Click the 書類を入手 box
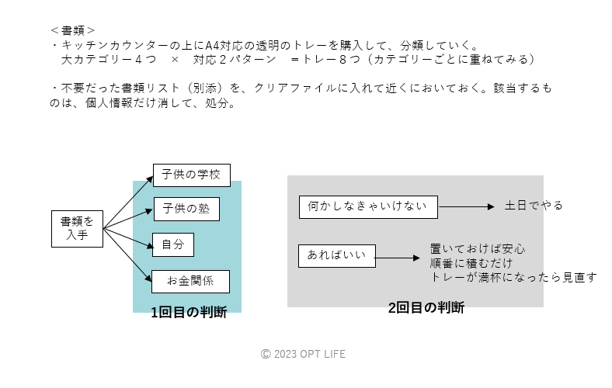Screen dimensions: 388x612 (x=77, y=228)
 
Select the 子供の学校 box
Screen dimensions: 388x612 (x=191, y=175)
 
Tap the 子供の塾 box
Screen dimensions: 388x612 (x=186, y=210)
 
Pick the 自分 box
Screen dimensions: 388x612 (x=172, y=244)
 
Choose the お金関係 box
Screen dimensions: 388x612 (x=191, y=281)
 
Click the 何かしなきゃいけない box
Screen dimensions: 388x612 (x=368, y=206)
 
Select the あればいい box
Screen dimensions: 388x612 (x=337, y=255)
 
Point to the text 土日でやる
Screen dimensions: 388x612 (x=534, y=206)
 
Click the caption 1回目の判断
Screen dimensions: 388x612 (x=189, y=313)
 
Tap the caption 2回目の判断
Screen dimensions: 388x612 (x=426, y=307)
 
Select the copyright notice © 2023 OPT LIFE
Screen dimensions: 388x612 (x=303, y=354)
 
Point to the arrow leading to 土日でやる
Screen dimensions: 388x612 (x=466, y=206)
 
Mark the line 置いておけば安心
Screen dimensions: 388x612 (x=478, y=249)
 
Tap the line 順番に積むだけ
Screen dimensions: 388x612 (x=471, y=263)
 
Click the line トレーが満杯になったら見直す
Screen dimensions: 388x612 (x=513, y=277)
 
